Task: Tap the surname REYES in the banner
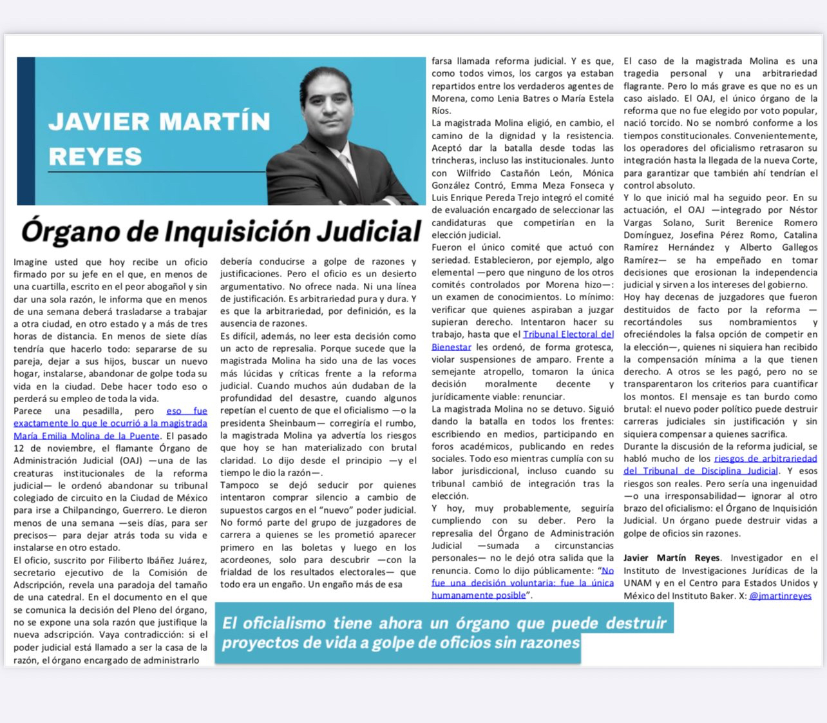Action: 95,157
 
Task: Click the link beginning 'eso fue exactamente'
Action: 110,423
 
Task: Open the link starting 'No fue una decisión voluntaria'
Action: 522,583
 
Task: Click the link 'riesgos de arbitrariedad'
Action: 765,458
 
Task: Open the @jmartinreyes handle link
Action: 780,595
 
